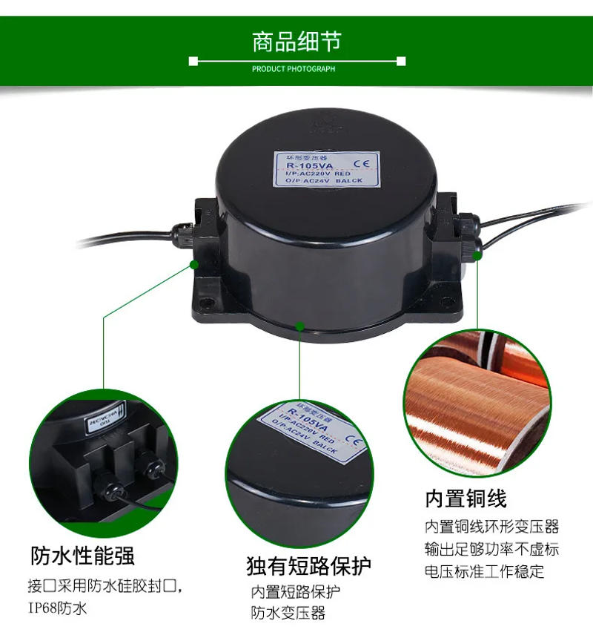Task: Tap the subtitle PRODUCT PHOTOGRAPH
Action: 294,69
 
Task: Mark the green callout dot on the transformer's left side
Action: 194,263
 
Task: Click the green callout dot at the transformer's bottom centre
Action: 299,326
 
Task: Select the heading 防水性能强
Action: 82,555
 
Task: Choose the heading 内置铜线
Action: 466,499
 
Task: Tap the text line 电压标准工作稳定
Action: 484,571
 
